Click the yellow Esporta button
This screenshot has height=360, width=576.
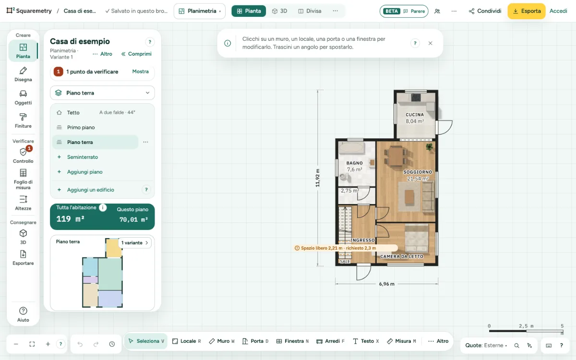(x=527, y=11)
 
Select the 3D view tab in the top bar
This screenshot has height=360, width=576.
(x=279, y=11)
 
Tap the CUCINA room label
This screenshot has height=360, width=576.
(x=415, y=115)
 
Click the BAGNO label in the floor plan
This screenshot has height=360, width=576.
(x=354, y=163)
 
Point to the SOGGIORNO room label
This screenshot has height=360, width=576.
(x=418, y=172)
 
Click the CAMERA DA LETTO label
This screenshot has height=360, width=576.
(x=402, y=256)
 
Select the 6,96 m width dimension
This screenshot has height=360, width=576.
(x=386, y=284)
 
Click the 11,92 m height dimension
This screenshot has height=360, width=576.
(x=318, y=178)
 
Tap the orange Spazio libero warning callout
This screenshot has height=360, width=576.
(x=346, y=248)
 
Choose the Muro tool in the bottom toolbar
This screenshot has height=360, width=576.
(x=222, y=341)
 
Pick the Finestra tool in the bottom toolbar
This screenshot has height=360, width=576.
(x=292, y=341)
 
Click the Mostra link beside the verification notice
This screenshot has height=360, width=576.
(x=140, y=72)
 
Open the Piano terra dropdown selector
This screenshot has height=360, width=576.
(x=102, y=93)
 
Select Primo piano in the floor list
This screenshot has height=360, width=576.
(x=81, y=127)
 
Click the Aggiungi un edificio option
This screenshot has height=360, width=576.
(x=91, y=190)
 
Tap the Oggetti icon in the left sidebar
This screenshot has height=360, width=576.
(x=23, y=94)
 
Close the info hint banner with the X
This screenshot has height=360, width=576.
(x=430, y=43)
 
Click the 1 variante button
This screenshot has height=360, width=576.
(x=135, y=243)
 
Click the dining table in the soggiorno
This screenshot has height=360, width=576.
(x=396, y=156)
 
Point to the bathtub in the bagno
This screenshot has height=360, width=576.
(x=351, y=148)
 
